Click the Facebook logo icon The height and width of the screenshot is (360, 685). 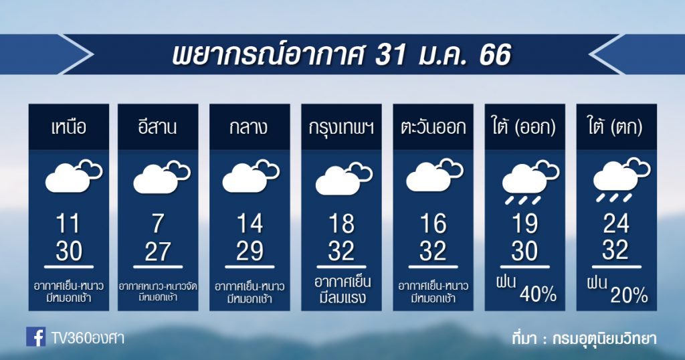(36, 337)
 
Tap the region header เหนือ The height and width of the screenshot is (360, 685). (69, 128)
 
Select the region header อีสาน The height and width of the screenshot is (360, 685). (157, 127)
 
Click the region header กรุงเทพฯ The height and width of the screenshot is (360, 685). (341, 128)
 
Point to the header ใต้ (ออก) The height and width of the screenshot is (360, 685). (524, 127)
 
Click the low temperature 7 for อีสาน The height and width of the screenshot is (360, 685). (157, 223)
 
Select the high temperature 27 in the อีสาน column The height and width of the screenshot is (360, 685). (157, 252)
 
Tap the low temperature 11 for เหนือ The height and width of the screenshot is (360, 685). (69, 223)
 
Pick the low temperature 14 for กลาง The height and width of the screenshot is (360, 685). (250, 223)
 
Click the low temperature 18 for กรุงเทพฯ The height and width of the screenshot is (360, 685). (341, 223)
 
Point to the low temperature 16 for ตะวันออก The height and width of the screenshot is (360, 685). (433, 223)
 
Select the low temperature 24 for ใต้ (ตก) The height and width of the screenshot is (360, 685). (616, 223)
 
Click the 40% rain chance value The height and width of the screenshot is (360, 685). (538, 295)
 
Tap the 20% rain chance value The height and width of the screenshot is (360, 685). (629, 296)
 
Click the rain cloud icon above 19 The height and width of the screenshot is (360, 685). (530, 183)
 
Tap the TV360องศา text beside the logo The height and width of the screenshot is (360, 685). (88, 338)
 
